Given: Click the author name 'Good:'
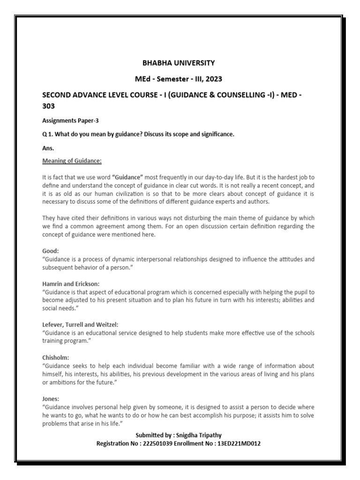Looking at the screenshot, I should click(x=50, y=251).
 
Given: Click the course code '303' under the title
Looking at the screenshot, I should click(x=49, y=106).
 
